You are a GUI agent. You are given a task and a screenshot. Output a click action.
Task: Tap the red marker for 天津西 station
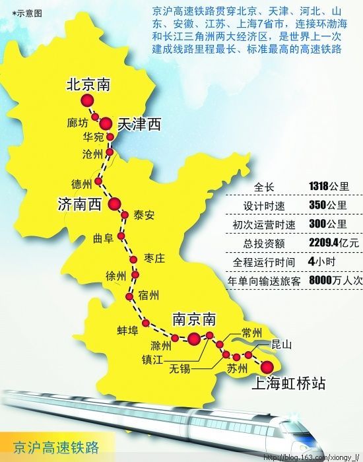coord(106,122)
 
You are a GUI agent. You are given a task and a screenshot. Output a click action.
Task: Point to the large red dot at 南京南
coord(193,339)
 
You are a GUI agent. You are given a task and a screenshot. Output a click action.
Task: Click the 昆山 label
coord(281,344)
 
